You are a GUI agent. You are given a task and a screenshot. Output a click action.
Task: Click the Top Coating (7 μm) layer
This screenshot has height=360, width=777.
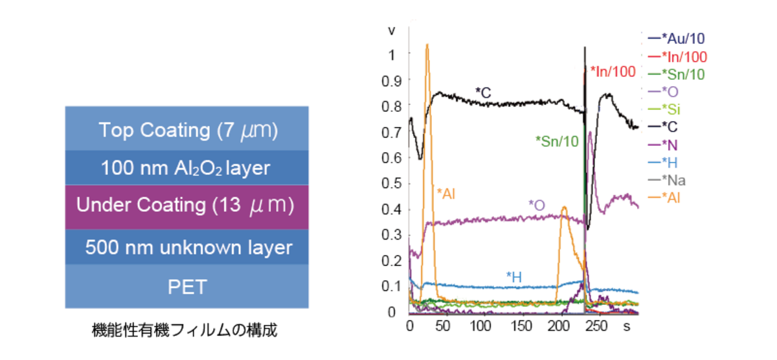187,130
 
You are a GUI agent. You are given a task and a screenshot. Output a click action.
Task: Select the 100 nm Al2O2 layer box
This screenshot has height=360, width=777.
187,168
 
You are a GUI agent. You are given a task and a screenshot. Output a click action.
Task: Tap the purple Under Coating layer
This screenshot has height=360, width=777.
187,206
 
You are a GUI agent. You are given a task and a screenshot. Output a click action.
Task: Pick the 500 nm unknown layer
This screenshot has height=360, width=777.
187,247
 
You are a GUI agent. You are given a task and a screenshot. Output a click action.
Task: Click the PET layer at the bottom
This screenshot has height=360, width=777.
187,287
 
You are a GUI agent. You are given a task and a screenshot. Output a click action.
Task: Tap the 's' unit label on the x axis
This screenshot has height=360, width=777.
627,326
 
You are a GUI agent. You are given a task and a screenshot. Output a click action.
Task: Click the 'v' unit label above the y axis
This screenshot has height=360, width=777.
390,30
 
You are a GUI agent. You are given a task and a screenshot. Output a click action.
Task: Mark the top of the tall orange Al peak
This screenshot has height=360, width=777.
427,45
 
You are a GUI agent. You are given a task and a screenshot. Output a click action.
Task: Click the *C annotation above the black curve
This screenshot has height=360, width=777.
483,93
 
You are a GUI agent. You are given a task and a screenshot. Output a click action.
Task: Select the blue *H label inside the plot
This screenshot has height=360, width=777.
514,277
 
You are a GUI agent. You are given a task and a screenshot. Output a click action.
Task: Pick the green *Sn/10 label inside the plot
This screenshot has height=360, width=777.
557,139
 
